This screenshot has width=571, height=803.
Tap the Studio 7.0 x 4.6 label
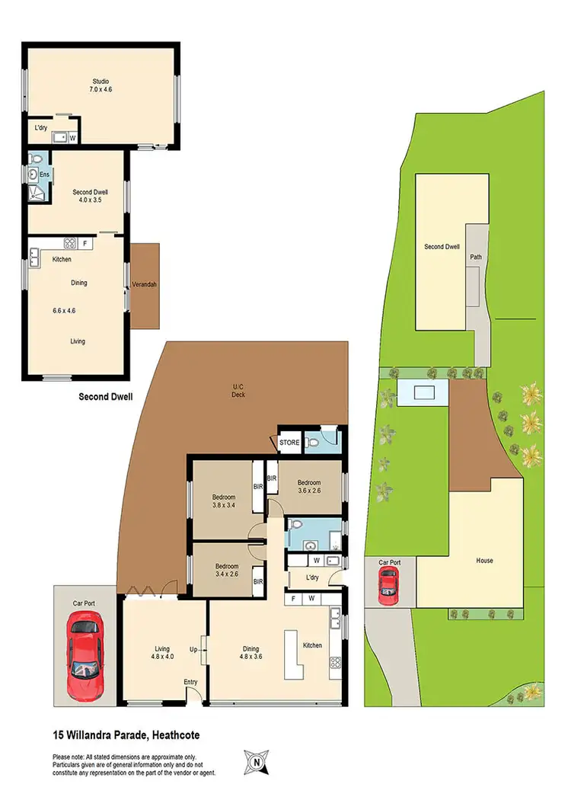point(101,85)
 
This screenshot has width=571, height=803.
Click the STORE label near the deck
point(289,441)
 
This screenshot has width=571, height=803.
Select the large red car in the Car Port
point(85,657)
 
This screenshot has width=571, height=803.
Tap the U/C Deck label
point(238,389)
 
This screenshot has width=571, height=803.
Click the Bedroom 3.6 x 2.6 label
point(308,487)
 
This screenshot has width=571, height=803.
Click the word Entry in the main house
point(190,682)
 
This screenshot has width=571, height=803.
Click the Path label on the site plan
point(476,257)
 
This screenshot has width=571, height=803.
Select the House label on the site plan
point(484,561)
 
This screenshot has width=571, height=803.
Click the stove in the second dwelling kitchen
point(69,244)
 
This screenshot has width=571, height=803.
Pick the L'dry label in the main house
point(312,578)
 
